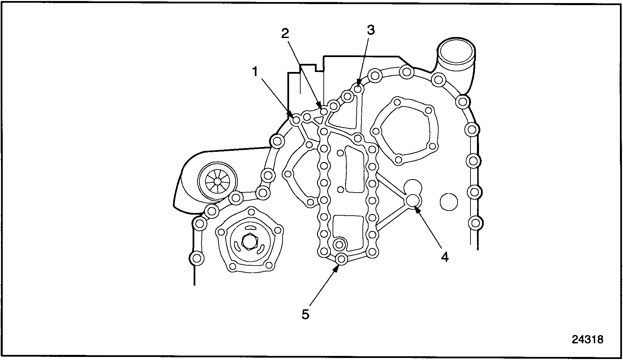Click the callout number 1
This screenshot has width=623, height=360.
click(x=255, y=72)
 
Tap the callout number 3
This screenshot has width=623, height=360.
click(x=371, y=30)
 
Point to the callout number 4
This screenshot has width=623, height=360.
click(x=445, y=257)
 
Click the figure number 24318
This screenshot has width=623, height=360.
click(x=587, y=339)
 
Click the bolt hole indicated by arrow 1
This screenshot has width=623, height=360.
click(x=296, y=120)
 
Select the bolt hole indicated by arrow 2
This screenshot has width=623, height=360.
click(x=324, y=111)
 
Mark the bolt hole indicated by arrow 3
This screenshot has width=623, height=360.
click(x=358, y=89)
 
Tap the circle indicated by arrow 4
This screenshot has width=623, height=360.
click(x=413, y=200)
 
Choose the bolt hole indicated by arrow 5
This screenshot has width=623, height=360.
click(x=341, y=259)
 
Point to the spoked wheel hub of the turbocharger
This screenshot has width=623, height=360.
click(x=216, y=181)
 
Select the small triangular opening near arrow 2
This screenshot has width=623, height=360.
click(x=319, y=120)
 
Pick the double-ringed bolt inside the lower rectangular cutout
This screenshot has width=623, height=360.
click(x=339, y=244)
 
